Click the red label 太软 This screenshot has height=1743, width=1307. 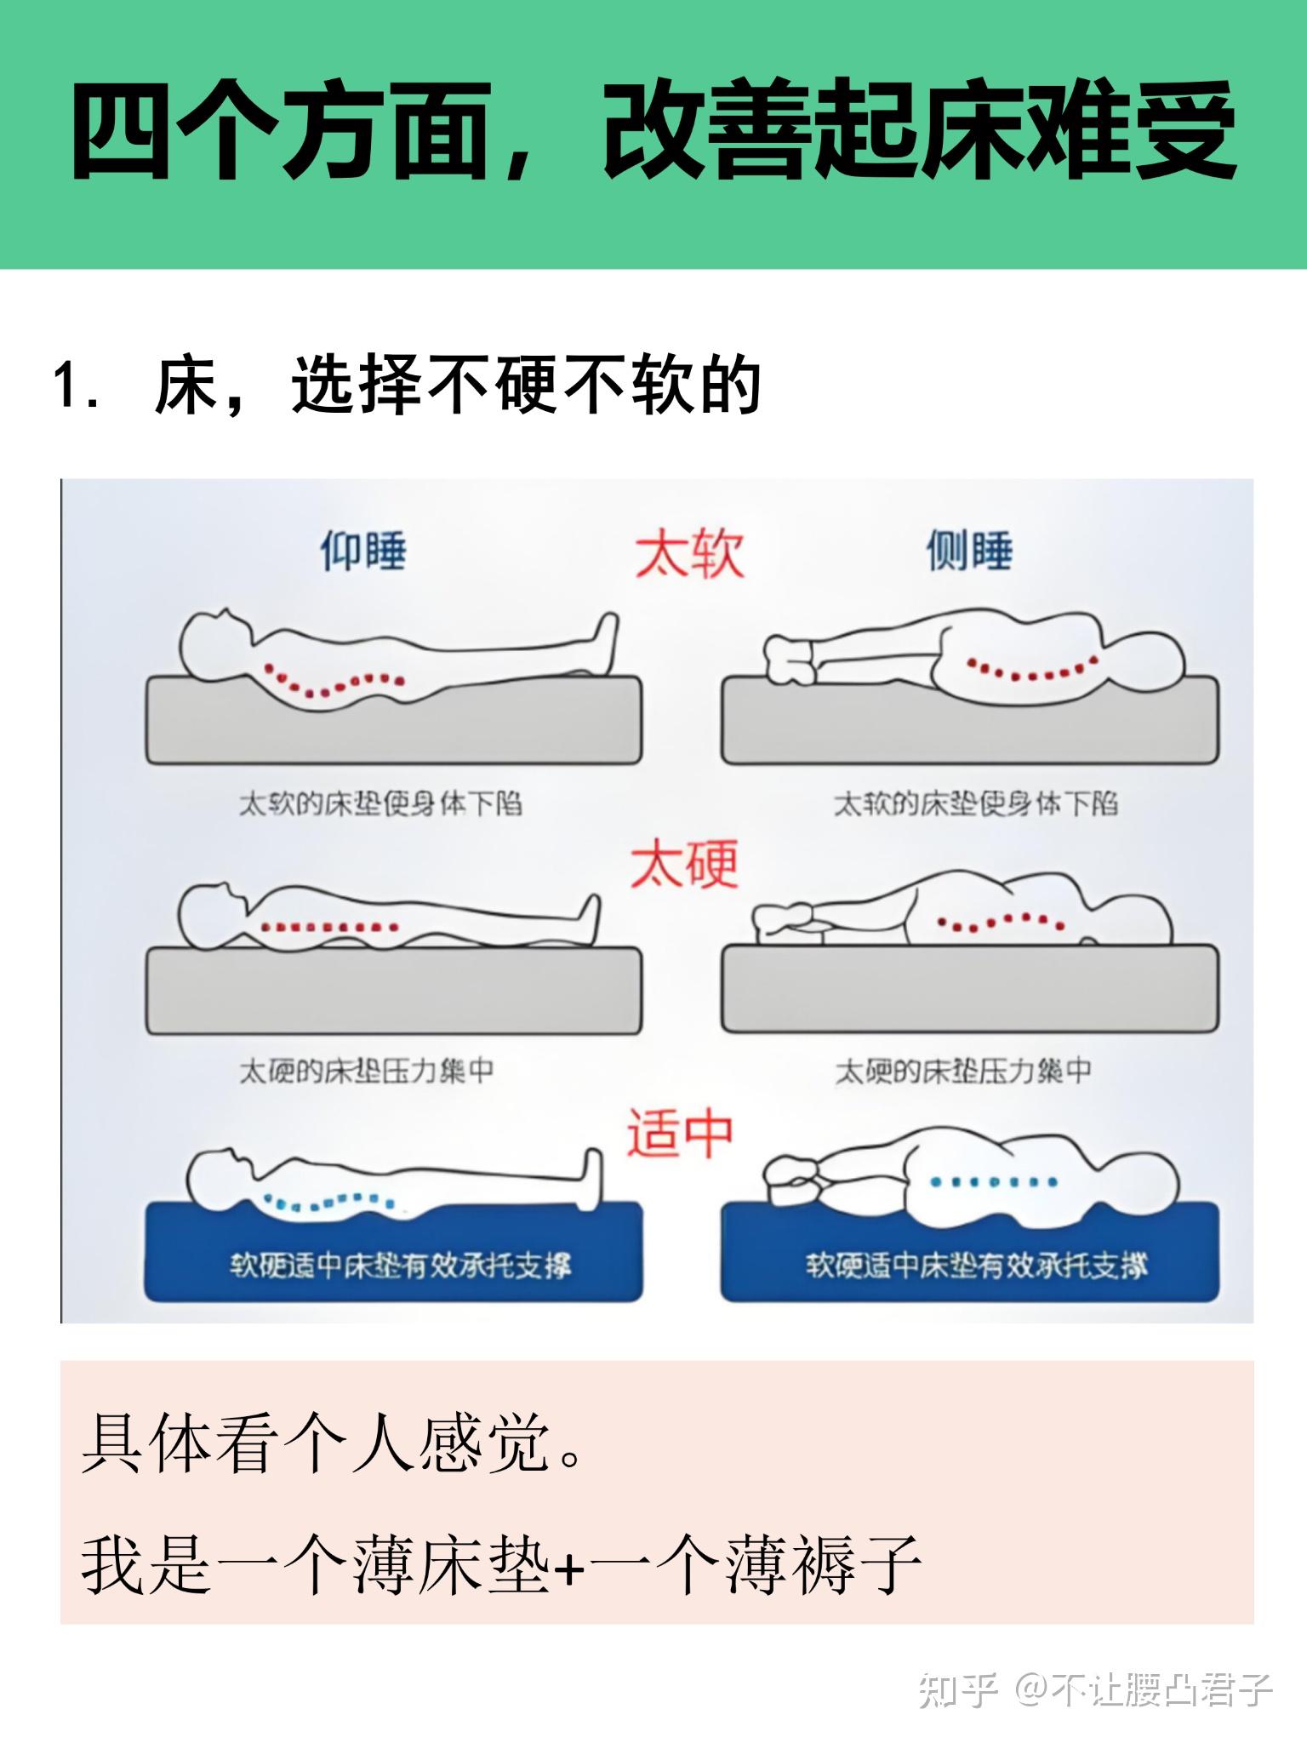(x=689, y=554)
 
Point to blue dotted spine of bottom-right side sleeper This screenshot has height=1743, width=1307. (x=994, y=1182)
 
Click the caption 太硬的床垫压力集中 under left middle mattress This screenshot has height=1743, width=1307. (x=367, y=1071)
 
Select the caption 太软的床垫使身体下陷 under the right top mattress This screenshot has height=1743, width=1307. (x=975, y=803)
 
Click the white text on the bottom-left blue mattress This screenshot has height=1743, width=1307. (x=400, y=1266)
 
